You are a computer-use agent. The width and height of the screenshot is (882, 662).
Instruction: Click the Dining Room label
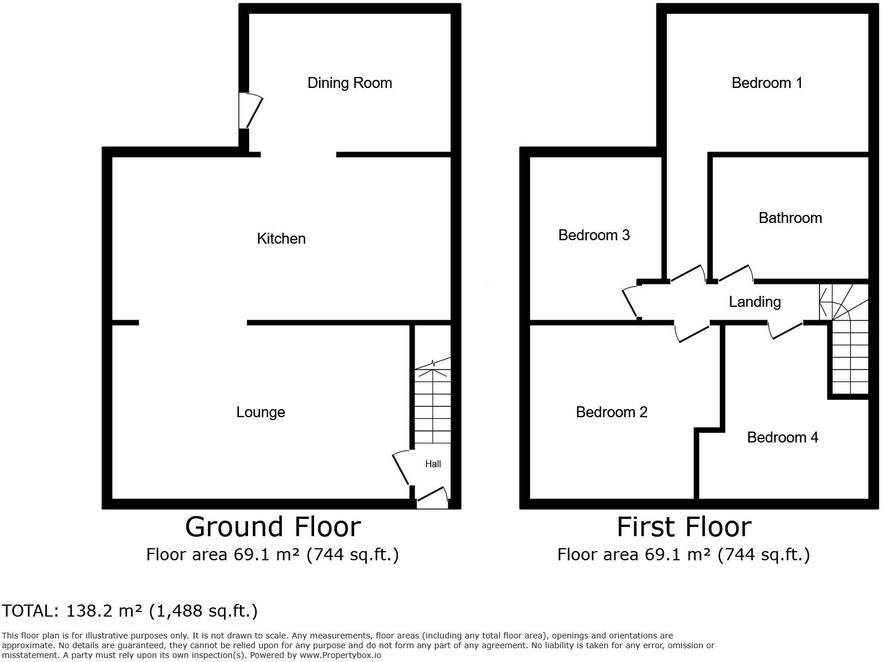click(350, 83)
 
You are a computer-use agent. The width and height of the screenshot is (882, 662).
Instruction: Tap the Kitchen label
click(281, 238)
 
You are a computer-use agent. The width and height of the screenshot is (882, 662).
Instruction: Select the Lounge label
click(261, 412)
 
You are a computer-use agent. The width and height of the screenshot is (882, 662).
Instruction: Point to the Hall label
click(433, 464)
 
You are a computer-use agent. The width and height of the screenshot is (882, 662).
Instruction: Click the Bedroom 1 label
click(767, 83)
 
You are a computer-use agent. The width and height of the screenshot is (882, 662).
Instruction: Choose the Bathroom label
click(790, 218)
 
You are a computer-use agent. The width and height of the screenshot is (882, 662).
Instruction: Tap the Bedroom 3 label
click(594, 235)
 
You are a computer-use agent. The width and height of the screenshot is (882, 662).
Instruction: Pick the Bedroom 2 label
click(612, 412)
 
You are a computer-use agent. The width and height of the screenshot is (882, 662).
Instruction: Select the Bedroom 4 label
click(782, 437)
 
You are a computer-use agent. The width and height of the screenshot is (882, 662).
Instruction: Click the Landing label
click(755, 302)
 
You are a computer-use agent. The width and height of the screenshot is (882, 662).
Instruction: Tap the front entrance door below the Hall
click(432, 498)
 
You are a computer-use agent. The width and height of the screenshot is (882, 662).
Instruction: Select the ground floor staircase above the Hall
click(432, 402)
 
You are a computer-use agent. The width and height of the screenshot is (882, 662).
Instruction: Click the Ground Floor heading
click(273, 527)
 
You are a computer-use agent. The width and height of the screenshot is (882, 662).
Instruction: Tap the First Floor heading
click(684, 527)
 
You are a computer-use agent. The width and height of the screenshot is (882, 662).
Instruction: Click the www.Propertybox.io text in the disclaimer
click(340, 655)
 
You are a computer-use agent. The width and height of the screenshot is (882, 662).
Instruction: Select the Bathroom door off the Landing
click(735, 274)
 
